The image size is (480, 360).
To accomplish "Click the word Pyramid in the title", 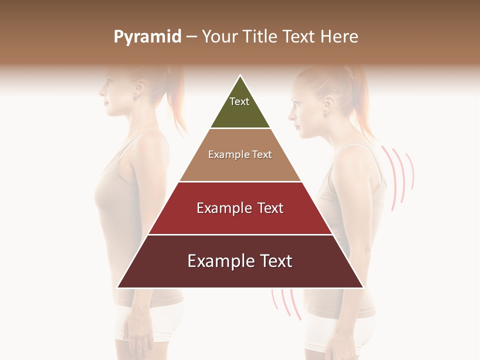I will coord(147,37).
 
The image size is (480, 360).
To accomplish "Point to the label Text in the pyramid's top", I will coord(239,101).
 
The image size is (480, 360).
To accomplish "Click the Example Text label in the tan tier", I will coord(240,154).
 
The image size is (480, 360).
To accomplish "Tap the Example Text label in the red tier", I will coord(240,208).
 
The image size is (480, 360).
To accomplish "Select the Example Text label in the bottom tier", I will coord(240,261).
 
